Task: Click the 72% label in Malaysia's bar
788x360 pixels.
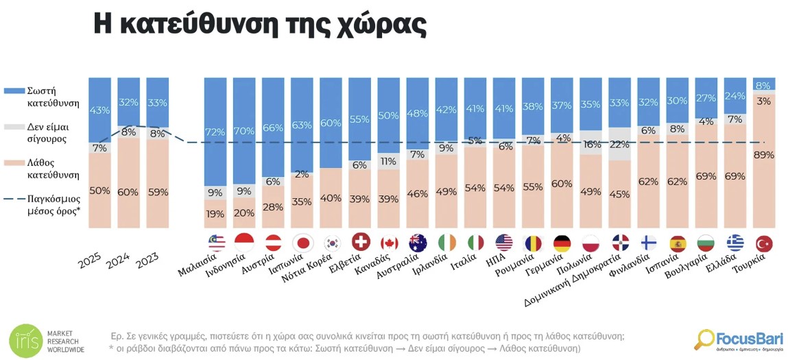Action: [x=215, y=131]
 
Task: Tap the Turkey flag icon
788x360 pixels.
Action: [x=764, y=243]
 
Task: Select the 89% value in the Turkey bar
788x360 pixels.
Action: [x=764, y=155]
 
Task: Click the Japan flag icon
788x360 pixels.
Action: [x=302, y=243]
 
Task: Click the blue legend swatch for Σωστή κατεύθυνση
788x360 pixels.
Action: [x=14, y=91]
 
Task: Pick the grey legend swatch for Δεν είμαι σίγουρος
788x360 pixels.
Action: [x=14, y=127]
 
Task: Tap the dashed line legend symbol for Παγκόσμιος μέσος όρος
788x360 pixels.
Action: [x=14, y=200]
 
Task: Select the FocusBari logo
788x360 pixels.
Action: [x=738, y=339]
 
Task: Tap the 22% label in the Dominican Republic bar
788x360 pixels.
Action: [x=619, y=144]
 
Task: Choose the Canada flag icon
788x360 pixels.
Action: [x=389, y=243]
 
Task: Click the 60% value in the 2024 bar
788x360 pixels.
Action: [x=128, y=192]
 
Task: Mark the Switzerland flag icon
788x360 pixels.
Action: [x=360, y=243]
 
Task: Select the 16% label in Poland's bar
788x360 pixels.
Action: [x=590, y=144]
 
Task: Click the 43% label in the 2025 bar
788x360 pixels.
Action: [x=99, y=110]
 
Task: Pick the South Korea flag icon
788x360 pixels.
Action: [x=331, y=243]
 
